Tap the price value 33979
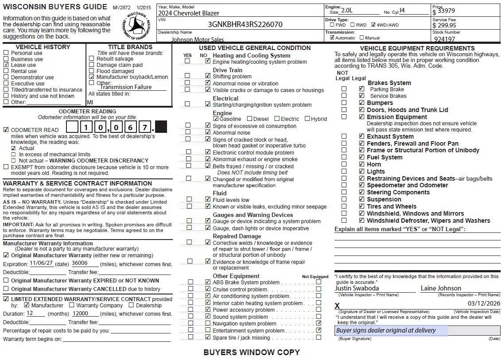pyautogui.click(x=446, y=11)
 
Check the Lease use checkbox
pyautogui.click(x=6, y=65)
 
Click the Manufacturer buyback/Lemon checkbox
pyautogui.click(x=91, y=77)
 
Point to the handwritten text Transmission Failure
pyautogui.click(x=126, y=87)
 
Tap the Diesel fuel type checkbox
pyautogui.click(x=249, y=119)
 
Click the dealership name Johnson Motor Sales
pyautogui.click(x=198, y=39)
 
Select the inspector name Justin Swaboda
pyautogui.click(x=355, y=288)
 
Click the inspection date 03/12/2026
pyautogui.click(x=483, y=303)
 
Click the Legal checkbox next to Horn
pyautogui.click(x=362, y=164)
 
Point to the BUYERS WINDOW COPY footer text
pyautogui.click(x=251, y=352)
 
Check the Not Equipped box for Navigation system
pyautogui.click(x=319, y=324)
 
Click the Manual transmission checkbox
pyautogui.click(x=362, y=38)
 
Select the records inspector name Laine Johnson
pyautogui.click(x=441, y=288)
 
